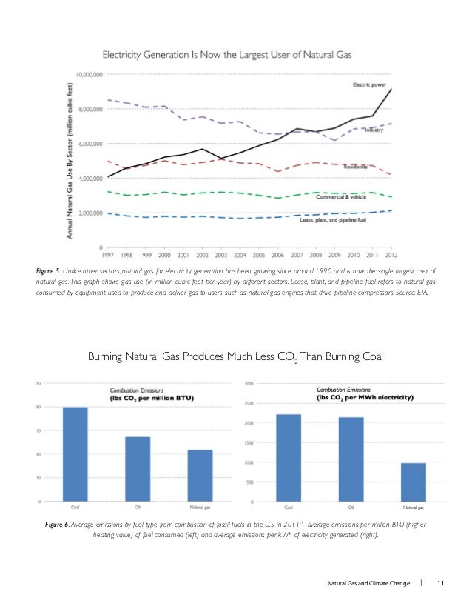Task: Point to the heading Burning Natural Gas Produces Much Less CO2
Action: point(235,358)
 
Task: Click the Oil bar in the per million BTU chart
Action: point(138,469)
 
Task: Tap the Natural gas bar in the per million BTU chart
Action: point(200,476)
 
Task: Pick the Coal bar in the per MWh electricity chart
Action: point(289,458)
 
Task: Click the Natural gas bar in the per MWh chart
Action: point(413,482)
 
